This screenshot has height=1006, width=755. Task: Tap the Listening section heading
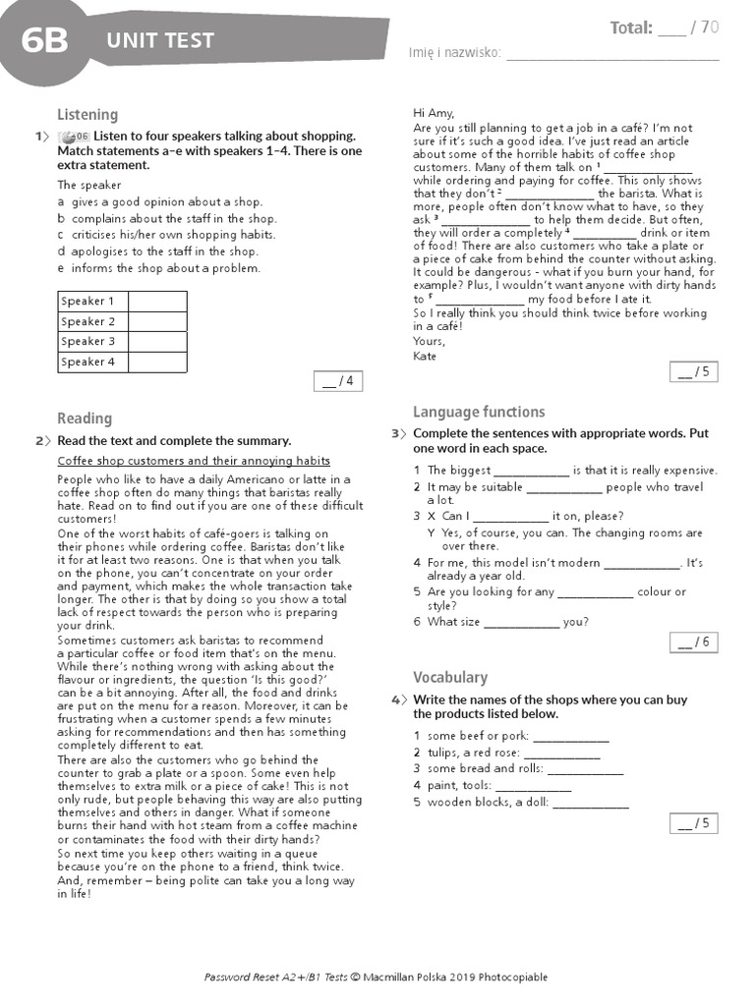[87, 114]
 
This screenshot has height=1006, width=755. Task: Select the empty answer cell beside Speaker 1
[156, 301]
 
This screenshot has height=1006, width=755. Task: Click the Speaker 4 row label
[87, 362]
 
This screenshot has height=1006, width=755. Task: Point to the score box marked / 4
[336, 381]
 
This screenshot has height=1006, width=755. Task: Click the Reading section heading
[85, 419]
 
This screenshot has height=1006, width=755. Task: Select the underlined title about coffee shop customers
[194, 461]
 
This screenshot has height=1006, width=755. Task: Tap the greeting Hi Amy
[434, 113]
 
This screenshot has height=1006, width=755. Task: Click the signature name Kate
[425, 356]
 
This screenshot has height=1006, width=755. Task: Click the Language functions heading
[479, 412]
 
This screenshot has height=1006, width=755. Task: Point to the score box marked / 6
[694, 643]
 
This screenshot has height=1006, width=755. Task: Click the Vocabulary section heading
[450, 677]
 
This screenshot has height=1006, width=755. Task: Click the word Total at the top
[631, 28]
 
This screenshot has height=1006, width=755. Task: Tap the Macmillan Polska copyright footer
[376, 977]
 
